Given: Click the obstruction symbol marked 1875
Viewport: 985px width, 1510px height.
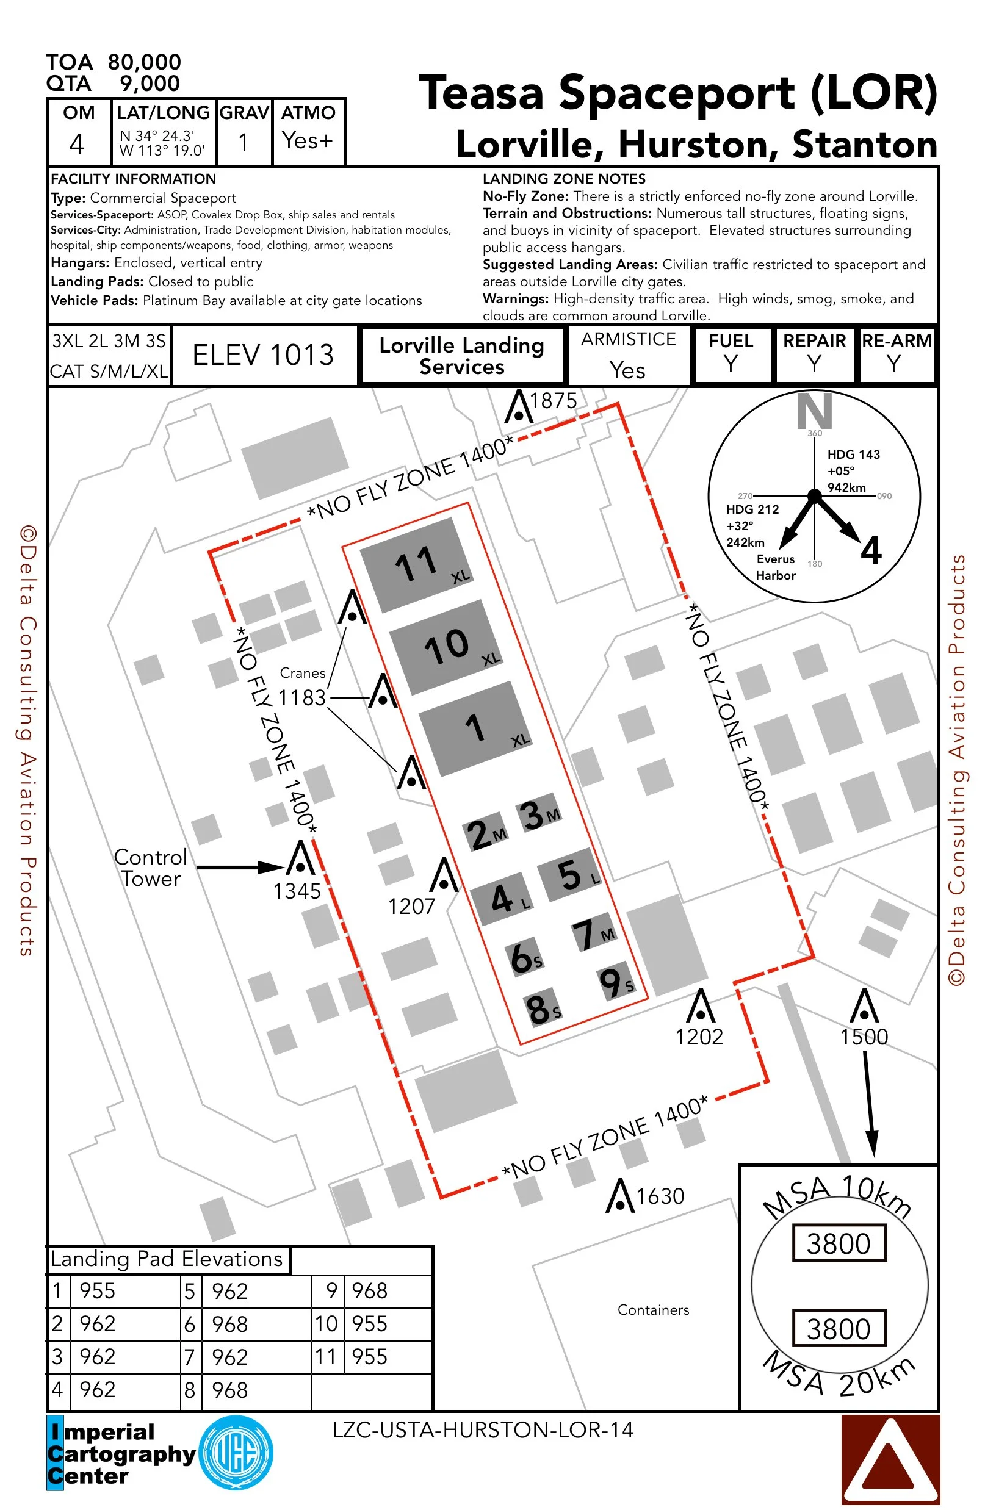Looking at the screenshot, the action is [519, 408].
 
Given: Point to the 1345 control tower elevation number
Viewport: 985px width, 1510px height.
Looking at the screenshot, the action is [297, 891].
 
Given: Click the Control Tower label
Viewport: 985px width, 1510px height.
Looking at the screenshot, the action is [150, 868].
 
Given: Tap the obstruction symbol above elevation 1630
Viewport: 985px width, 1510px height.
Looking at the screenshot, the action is [620, 1196].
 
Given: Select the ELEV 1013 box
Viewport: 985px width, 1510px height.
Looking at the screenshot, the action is [263, 355].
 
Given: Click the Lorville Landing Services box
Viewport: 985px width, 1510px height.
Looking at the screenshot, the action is [461, 355].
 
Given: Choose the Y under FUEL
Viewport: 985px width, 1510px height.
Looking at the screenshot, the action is [731, 364].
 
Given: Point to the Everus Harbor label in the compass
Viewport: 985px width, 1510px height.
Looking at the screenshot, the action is [775, 567].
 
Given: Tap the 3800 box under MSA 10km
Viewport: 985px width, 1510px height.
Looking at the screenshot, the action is [839, 1243].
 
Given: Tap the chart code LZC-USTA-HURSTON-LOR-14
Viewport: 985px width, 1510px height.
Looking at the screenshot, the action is [482, 1430].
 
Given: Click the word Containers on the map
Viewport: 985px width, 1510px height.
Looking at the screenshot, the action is [653, 1309].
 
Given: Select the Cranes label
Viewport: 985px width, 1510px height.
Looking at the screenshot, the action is [303, 672].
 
